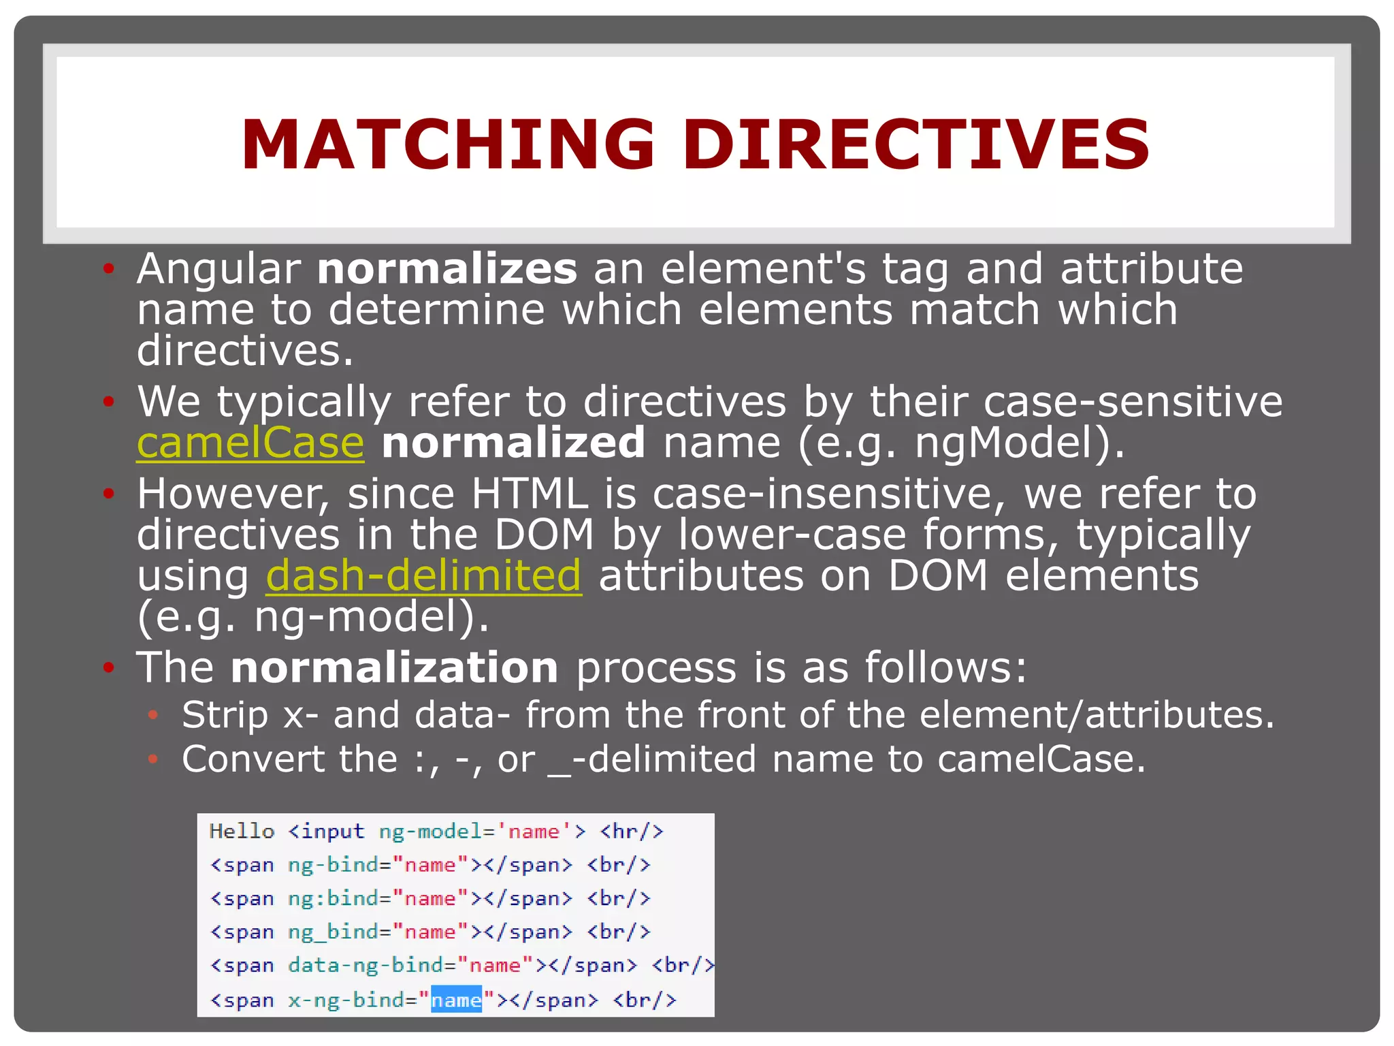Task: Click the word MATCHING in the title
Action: (448, 144)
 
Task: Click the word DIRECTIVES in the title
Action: (915, 144)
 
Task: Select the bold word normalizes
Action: (447, 269)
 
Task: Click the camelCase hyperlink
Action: (250, 443)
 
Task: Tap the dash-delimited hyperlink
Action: (423, 576)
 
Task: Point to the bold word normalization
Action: (394, 667)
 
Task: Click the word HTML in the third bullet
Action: (530, 494)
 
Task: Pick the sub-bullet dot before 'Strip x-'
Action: (153, 715)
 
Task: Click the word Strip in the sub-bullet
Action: (225, 715)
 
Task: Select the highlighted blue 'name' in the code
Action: (456, 1000)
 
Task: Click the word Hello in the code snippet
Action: (242, 831)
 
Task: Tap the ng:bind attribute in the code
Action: (333, 899)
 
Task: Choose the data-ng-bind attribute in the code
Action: (366, 966)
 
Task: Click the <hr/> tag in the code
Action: (631, 831)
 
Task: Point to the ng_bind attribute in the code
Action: (333, 932)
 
